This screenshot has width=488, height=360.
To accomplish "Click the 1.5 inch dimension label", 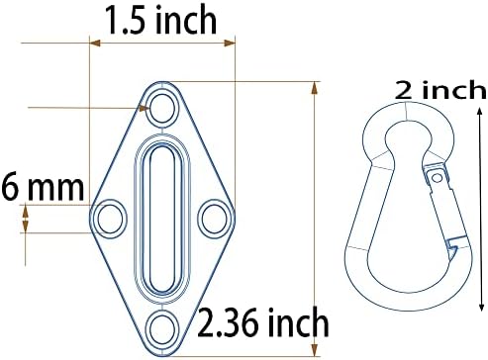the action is coord(160,20).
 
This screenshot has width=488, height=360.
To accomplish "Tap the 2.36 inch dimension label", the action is coord(263,322).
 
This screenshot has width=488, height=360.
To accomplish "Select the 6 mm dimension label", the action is coord(43,187).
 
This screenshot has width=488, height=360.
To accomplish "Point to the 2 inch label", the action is coord(440,90).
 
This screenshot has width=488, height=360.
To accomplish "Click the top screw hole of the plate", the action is coord(162,108).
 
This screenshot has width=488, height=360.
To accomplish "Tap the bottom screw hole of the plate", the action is coord(162,327).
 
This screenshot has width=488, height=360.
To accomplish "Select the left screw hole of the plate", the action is coord(110,220).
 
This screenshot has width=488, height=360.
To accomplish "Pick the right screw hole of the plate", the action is coord(215,219).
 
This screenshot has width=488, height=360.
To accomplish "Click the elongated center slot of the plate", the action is coord(162,219).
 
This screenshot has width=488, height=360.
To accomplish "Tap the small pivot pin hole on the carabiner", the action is coord(437,178).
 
